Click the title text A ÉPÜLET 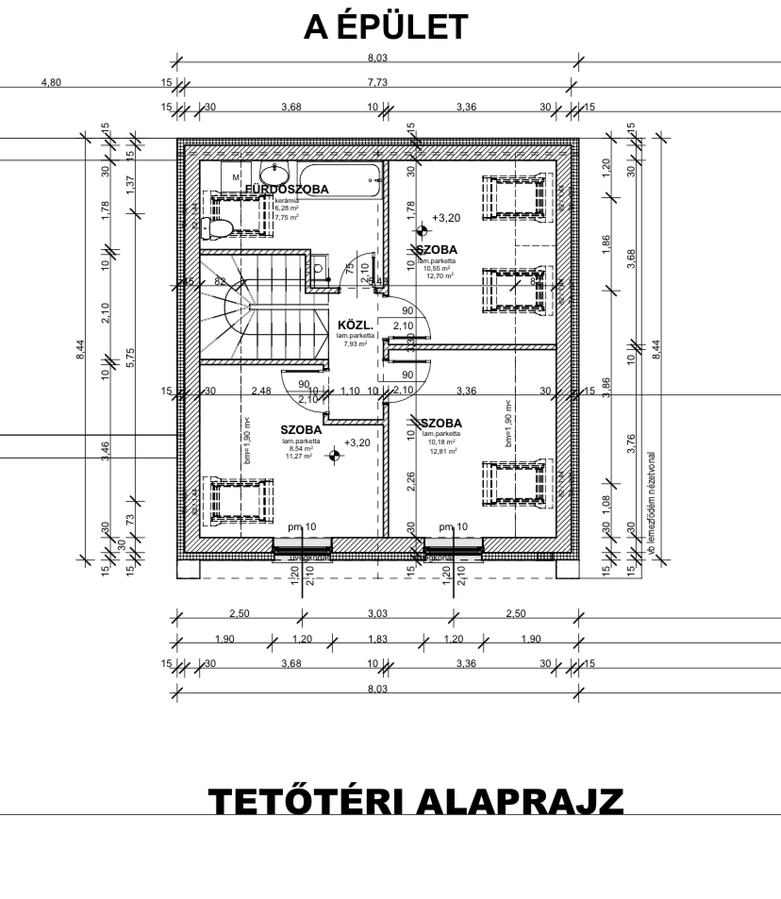[x=384, y=28]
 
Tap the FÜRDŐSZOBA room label [x=287, y=189]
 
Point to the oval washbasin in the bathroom [x=275, y=175]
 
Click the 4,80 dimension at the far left [x=51, y=82]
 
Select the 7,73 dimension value [x=381, y=82]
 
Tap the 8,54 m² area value [x=302, y=449]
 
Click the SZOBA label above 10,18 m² [x=441, y=423]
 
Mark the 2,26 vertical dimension [x=409, y=481]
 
